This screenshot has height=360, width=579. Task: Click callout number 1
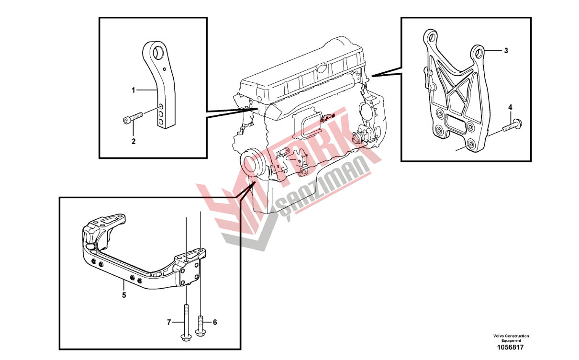click(x=134, y=90)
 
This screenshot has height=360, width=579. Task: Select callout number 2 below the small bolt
click(x=134, y=142)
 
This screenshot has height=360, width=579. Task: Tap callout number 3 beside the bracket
click(x=506, y=51)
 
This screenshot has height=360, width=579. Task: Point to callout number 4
click(x=510, y=107)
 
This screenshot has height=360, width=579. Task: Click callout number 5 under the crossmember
click(x=124, y=295)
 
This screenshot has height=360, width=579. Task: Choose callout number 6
click(x=215, y=322)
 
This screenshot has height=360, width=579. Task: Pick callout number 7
click(x=169, y=322)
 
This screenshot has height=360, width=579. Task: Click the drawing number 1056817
click(x=511, y=348)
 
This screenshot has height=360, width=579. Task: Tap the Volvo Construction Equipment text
click(x=511, y=338)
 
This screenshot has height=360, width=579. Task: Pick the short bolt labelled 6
click(x=200, y=326)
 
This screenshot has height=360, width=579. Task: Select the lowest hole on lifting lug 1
click(x=161, y=121)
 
